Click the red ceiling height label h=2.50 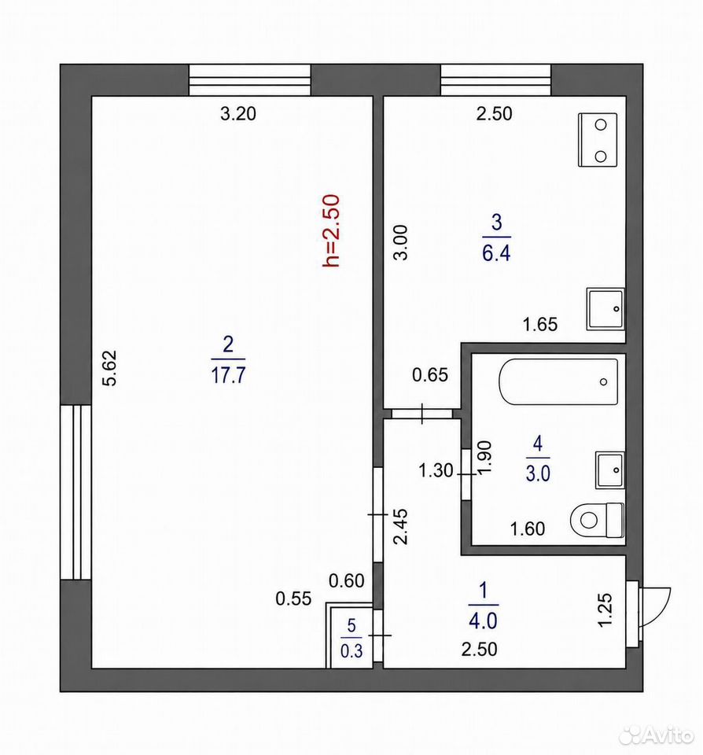[x=332, y=230]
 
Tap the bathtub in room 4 [x=558, y=382]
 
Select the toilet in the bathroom [x=597, y=520]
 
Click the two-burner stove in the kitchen [x=598, y=140]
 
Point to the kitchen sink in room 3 [x=605, y=308]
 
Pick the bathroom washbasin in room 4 [x=610, y=470]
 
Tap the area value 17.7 [x=228, y=375]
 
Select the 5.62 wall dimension [x=111, y=368]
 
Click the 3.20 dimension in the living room [x=238, y=113]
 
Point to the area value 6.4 [x=496, y=252]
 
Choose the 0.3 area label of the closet [x=351, y=651]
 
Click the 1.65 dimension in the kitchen [x=540, y=324]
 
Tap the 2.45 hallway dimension [x=400, y=526]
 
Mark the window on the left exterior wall [x=75, y=492]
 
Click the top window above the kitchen [x=496, y=80]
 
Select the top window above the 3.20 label [x=249, y=80]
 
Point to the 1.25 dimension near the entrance [x=605, y=609]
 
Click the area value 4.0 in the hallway [x=483, y=621]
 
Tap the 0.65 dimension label [x=430, y=374]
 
